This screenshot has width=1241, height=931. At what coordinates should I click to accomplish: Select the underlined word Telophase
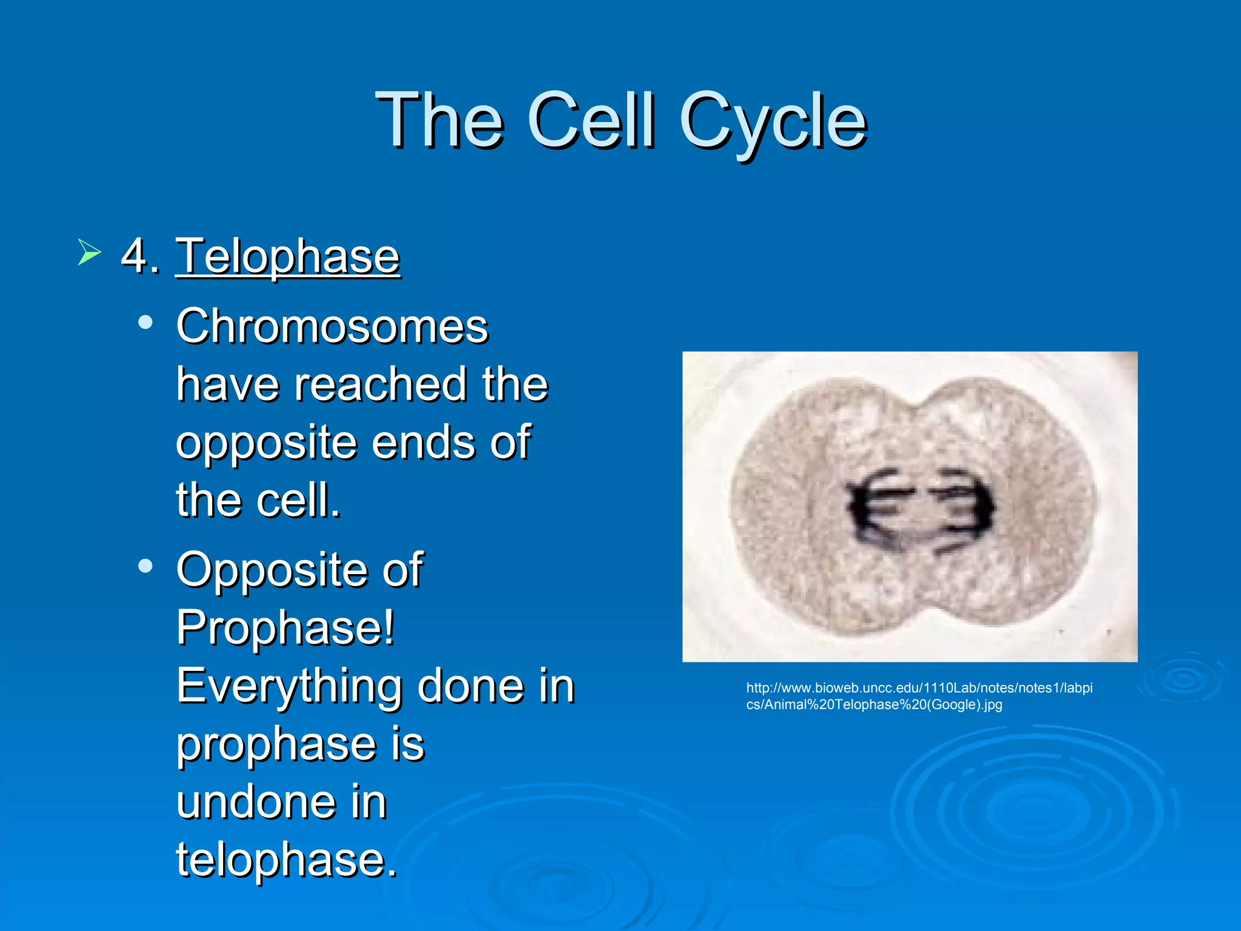(x=288, y=257)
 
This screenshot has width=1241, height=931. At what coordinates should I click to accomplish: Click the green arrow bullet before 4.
(x=88, y=252)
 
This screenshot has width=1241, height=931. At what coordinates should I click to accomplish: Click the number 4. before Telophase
(x=140, y=257)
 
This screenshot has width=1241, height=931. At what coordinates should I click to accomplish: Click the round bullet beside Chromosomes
(x=145, y=322)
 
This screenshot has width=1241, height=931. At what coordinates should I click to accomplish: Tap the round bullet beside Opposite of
(x=145, y=566)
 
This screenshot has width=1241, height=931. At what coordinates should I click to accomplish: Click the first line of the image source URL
(x=919, y=688)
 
